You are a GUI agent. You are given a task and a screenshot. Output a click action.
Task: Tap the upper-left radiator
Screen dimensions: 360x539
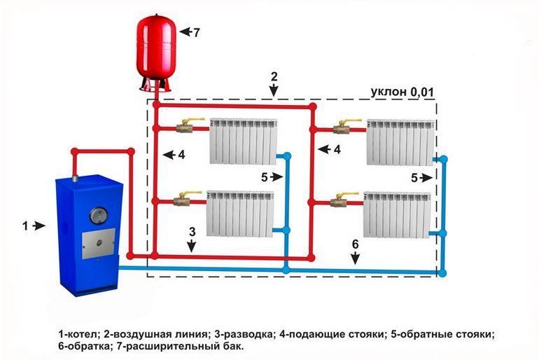[x=242, y=141]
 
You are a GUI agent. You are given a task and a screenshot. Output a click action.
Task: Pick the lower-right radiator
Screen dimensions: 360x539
[x=396, y=214]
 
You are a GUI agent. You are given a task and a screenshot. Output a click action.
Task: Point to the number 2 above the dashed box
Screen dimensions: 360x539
[x=274, y=74]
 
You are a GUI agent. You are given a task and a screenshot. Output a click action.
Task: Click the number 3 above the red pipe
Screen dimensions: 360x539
[x=190, y=231]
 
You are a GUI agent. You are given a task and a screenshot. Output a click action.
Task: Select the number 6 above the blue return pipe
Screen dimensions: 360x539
[x=355, y=244]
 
